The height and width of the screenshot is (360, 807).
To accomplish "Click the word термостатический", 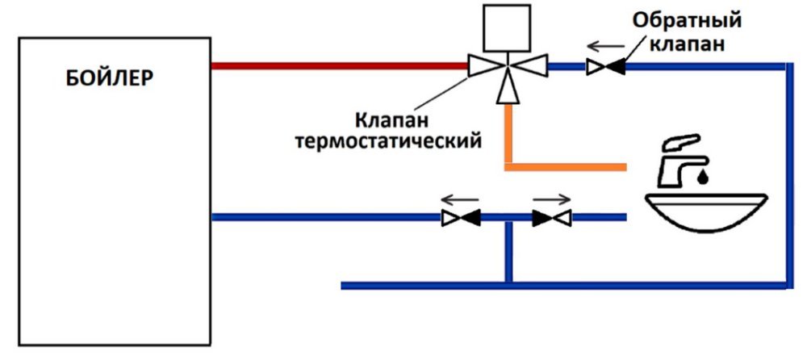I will coord(389,141).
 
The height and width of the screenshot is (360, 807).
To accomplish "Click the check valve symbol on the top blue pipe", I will coord(604,67).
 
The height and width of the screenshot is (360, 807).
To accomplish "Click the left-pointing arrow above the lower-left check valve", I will coord(461,196).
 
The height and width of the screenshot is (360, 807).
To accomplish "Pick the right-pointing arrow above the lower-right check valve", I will coord(553,196).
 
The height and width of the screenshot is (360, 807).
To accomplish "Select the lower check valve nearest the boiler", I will coord(461,216).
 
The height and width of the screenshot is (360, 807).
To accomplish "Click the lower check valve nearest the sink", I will coord(552,216).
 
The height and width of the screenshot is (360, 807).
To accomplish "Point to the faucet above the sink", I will coord(683,161).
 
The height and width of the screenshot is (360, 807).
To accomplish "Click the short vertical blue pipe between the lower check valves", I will coord(508,250).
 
